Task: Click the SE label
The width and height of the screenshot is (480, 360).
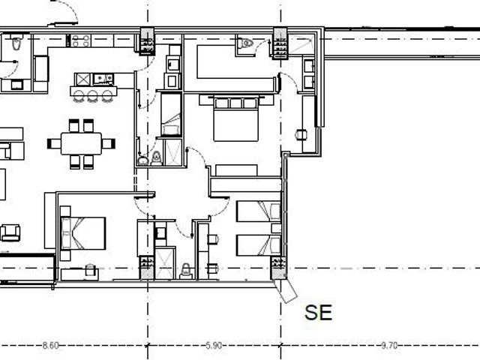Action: (x=318, y=313)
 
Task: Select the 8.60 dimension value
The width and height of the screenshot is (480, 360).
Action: (x=50, y=346)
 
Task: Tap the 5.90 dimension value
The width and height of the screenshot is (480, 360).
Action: (x=214, y=346)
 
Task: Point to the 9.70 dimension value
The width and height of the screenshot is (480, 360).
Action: (x=389, y=346)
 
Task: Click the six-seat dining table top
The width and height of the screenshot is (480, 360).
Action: (x=81, y=143)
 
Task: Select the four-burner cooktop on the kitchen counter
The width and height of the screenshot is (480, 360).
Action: (x=80, y=40)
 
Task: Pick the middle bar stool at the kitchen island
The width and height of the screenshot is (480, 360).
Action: (x=92, y=96)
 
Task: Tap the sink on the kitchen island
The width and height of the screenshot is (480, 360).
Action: (x=103, y=79)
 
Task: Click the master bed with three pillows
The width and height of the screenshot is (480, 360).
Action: (x=235, y=118)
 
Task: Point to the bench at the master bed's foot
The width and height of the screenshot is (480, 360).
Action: (x=236, y=170)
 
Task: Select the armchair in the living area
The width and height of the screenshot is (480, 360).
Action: (x=10, y=232)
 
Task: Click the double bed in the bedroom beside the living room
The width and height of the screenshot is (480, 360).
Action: (x=83, y=233)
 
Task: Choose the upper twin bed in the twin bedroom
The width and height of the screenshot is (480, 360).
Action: (x=259, y=211)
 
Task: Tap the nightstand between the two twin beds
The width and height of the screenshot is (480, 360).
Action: (x=276, y=228)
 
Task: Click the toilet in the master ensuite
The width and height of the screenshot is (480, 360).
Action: (x=246, y=43)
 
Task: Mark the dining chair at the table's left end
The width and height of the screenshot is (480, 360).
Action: (x=54, y=143)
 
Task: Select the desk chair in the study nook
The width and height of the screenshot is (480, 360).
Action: (x=301, y=134)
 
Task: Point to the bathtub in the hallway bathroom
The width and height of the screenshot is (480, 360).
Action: (x=171, y=115)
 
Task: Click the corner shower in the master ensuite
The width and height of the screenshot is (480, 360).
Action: (x=301, y=44)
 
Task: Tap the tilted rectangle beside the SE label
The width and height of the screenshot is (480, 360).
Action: (x=286, y=291)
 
